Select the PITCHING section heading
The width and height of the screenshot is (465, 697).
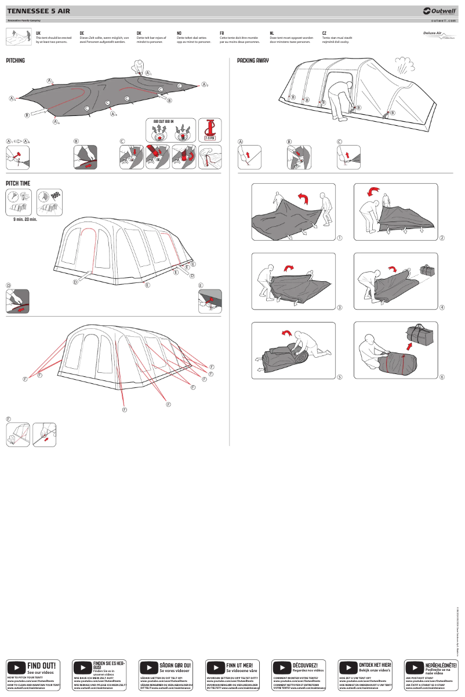(x=16, y=60)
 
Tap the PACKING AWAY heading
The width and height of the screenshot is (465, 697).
(x=253, y=60)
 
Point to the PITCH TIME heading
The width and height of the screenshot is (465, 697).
(x=18, y=183)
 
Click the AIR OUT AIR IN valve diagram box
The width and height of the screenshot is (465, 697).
(x=171, y=129)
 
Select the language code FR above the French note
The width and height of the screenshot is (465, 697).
(x=222, y=34)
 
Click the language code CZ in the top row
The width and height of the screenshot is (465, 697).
(x=325, y=34)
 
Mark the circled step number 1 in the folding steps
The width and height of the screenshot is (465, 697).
(x=340, y=238)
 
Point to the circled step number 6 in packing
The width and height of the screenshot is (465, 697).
(x=442, y=377)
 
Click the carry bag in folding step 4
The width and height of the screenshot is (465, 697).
(x=427, y=271)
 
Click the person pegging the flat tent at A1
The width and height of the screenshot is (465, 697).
(x=139, y=66)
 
